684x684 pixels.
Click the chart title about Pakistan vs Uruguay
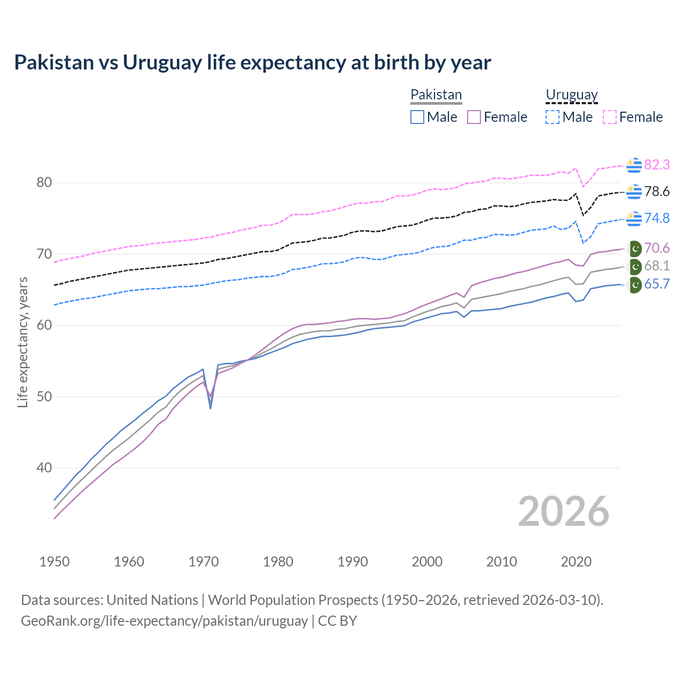tap(252, 63)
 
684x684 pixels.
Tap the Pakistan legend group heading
tap(436, 95)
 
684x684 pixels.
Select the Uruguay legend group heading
tap(571, 95)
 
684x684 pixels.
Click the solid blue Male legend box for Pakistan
tap(417, 117)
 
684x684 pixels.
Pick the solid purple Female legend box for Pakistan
tap(474, 117)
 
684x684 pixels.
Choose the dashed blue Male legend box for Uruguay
tap(553, 117)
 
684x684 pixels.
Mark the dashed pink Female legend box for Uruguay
tap(610, 117)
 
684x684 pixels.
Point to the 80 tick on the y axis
tap(44, 183)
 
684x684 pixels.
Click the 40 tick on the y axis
tap(44, 468)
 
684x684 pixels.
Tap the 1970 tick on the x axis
tap(204, 562)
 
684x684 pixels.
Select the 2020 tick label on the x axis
tap(576, 562)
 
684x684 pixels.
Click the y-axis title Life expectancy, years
tap(23, 342)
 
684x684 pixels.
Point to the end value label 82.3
tap(657, 165)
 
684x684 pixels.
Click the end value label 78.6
tap(657, 192)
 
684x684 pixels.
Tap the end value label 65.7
tap(657, 284)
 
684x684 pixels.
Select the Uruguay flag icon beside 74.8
tap(634, 219)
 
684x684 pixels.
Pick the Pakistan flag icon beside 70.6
tap(634, 248)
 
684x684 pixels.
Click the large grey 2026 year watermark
tap(563, 511)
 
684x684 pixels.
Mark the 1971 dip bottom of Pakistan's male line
tap(211, 408)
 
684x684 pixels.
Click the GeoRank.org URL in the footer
tap(164, 621)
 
